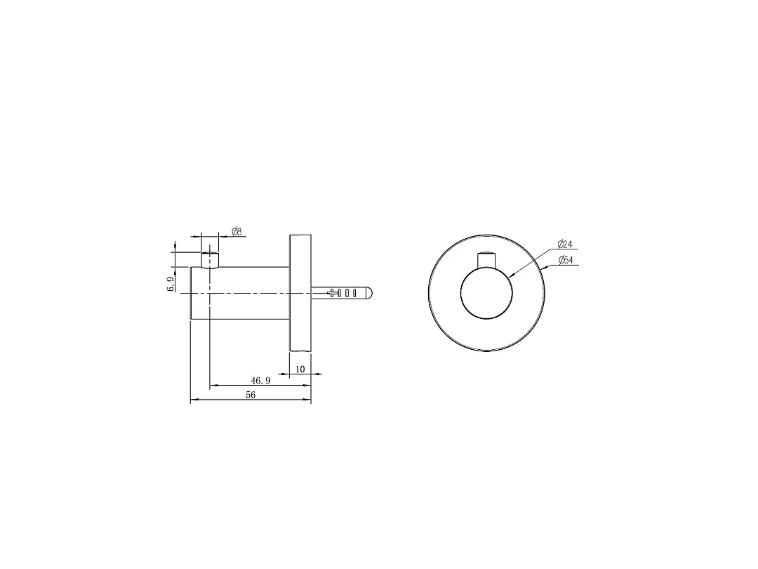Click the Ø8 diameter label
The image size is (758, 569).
point(237,231)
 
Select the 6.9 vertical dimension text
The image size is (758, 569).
point(171,284)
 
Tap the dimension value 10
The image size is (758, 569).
point(300,369)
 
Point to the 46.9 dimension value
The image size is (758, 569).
point(260,381)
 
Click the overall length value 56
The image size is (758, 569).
point(251,395)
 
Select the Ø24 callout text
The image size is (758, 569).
point(564,244)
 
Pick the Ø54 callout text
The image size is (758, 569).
point(566,260)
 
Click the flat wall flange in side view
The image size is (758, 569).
point(300,293)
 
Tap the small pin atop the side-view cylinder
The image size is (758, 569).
point(210,260)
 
